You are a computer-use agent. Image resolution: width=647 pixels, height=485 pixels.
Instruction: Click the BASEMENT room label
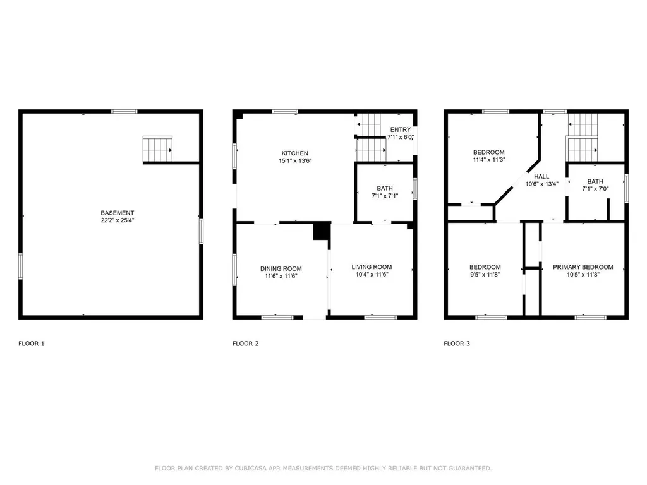pos(117,213)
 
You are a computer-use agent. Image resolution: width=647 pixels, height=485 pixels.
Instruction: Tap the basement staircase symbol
pos(157,149)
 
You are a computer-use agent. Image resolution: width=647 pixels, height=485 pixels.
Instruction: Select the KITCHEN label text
pos(294,153)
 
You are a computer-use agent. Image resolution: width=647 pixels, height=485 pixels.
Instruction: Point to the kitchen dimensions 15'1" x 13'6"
pos(294,161)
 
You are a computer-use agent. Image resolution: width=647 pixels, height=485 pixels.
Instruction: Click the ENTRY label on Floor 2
pos(400,129)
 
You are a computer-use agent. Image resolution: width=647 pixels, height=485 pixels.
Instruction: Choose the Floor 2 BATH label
pos(385,188)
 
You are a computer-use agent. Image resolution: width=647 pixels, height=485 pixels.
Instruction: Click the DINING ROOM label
pos(281,268)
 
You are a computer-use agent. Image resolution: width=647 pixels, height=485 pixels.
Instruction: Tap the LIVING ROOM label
pos(372,267)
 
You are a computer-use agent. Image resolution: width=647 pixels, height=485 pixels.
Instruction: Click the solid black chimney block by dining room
pos(322,231)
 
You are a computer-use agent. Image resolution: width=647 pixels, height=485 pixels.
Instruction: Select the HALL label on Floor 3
pos(541,176)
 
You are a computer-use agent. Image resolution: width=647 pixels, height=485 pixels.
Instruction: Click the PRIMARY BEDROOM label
pos(583,267)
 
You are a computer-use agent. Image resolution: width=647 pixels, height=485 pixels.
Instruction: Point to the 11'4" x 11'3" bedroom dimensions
pos(488,160)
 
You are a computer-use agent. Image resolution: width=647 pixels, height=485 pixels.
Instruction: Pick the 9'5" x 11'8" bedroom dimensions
pos(485,274)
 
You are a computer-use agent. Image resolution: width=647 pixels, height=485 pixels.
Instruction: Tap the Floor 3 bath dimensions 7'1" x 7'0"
pos(595,189)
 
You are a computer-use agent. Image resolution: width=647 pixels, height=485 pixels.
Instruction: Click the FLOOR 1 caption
pos(32,343)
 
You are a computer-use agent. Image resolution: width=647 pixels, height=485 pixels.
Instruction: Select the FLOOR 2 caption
pos(246,343)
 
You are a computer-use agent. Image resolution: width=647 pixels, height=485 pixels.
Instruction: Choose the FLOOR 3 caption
pos(457,343)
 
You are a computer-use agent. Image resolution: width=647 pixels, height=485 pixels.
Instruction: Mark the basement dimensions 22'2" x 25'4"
pos(117,220)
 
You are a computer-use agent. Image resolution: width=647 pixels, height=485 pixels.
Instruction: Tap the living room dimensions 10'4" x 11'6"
pos(372,274)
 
